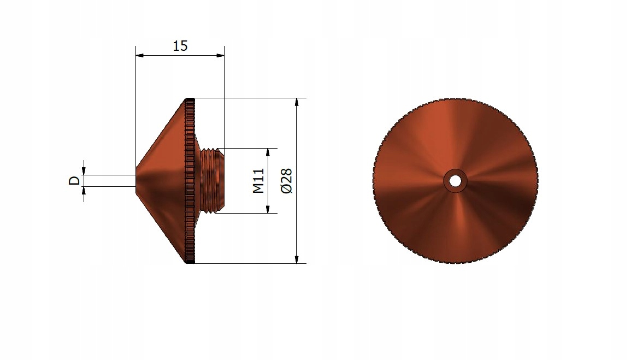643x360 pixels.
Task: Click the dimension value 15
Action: [x=180, y=46]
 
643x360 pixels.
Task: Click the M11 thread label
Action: [x=258, y=180]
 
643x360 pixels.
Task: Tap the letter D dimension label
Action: [x=74, y=181]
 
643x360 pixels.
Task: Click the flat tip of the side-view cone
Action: [x=137, y=180]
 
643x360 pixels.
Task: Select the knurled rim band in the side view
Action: [x=190, y=180]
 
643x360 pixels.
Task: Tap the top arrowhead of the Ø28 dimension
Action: [x=297, y=102]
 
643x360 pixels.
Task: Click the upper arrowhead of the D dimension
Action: [x=84, y=170]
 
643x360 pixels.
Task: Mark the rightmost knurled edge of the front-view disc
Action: [x=537, y=180]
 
